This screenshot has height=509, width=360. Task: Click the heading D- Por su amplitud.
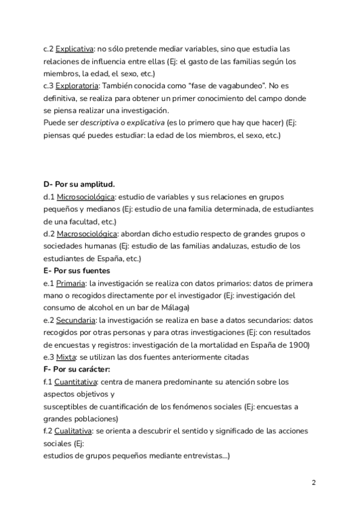79,184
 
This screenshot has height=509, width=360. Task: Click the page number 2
314,483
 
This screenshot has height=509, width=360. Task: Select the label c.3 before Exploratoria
49,86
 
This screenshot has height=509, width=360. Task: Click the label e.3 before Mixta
49,357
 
